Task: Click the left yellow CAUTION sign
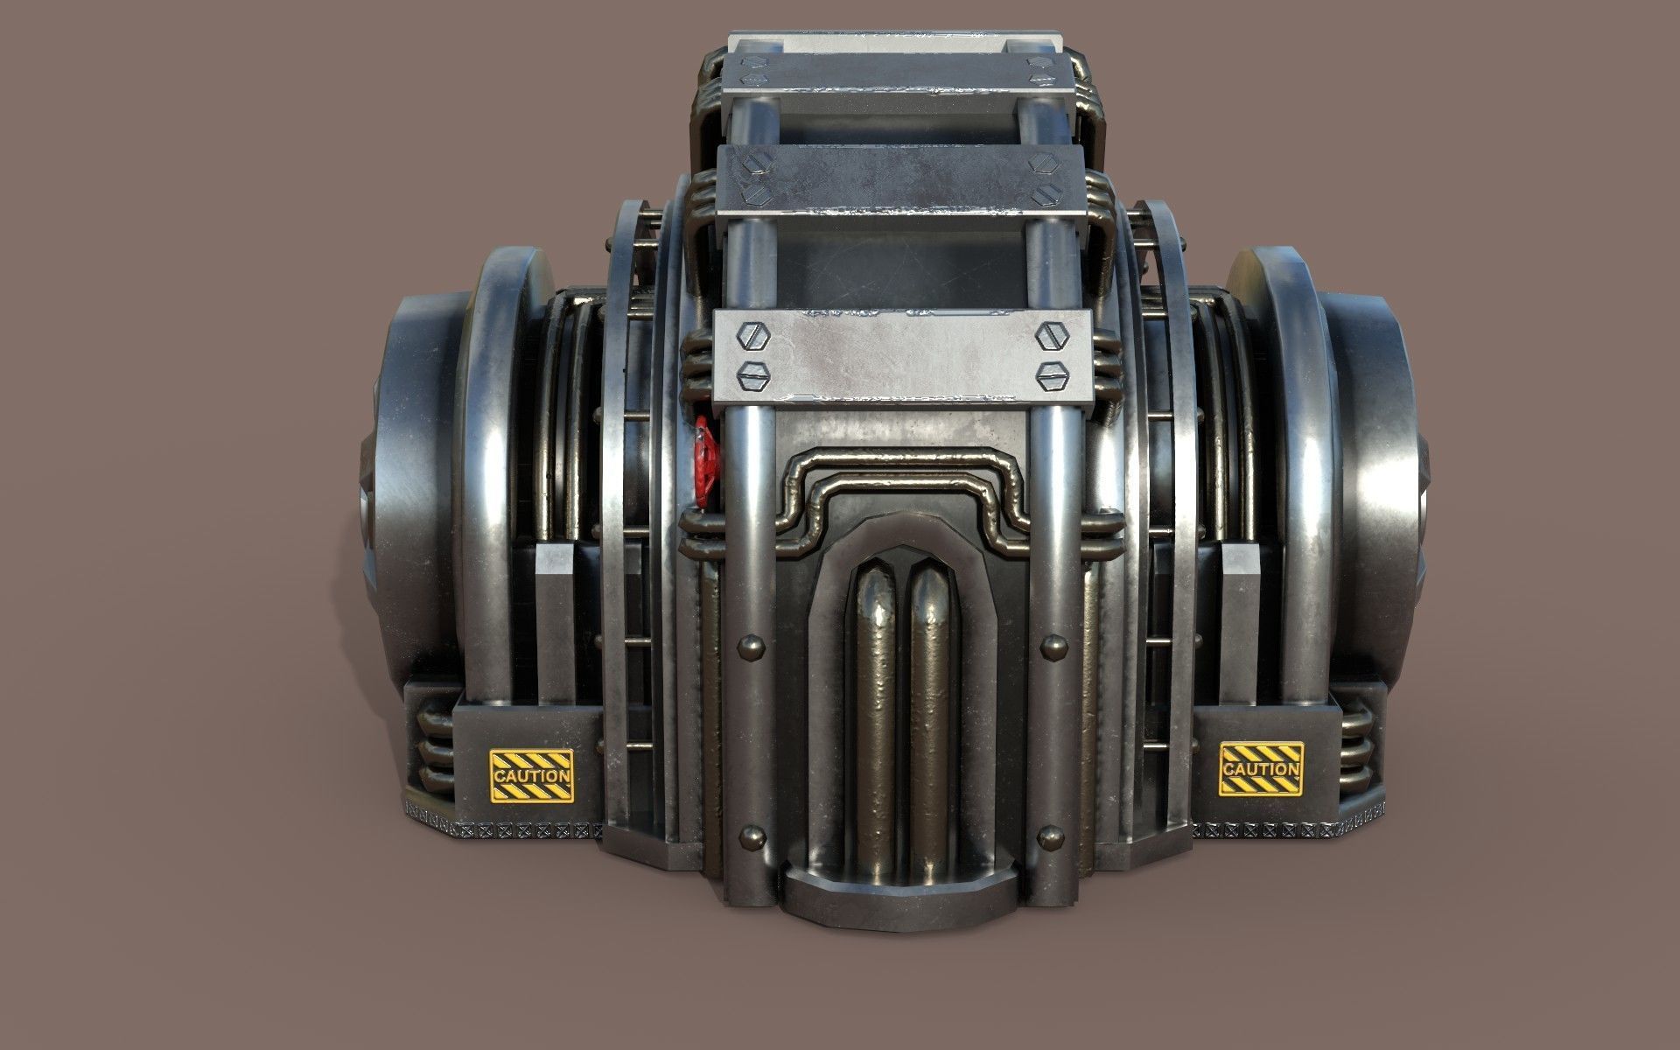tap(531, 775)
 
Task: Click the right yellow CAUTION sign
tap(1261, 769)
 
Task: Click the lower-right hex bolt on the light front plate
tap(1048, 376)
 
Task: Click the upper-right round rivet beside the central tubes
tap(1049, 647)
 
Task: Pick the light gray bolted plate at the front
tap(901, 354)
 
